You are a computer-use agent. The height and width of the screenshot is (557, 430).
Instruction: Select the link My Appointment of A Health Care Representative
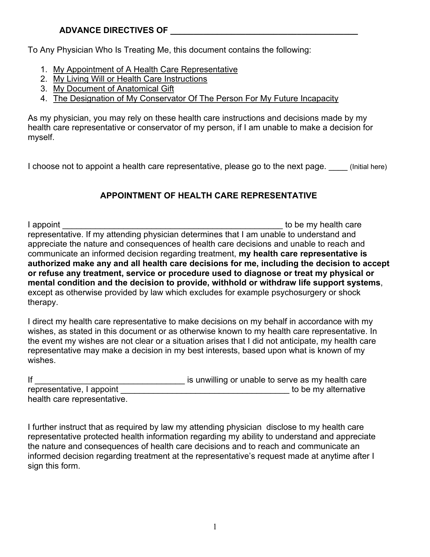[x=145, y=69]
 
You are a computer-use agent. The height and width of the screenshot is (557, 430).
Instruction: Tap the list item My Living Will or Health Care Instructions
[x=130, y=79]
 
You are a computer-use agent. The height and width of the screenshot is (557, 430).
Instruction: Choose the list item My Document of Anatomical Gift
[x=114, y=89]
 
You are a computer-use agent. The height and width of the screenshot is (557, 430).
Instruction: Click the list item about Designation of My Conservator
[x=196, y=99]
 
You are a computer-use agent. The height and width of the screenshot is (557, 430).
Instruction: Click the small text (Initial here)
[x=368, y=167]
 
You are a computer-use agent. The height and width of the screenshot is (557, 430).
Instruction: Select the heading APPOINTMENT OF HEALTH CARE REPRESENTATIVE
[x=208, y=196]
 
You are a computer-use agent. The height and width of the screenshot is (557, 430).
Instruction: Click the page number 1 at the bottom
[x=215, y=527]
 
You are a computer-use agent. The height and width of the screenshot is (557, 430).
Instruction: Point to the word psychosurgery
[x=299, y=293]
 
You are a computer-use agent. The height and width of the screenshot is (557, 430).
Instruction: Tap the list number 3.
[x=43, y=89]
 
